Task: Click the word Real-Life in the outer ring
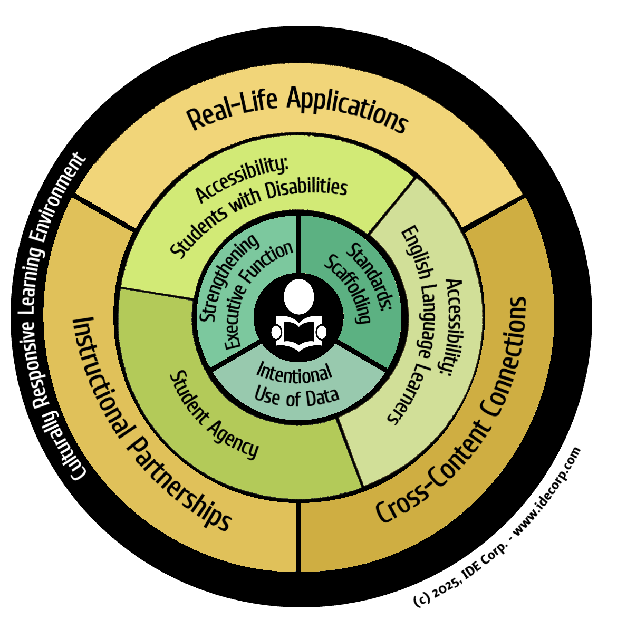233,109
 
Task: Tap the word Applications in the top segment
348,109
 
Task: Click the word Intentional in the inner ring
294,374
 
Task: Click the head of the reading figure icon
298,296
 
